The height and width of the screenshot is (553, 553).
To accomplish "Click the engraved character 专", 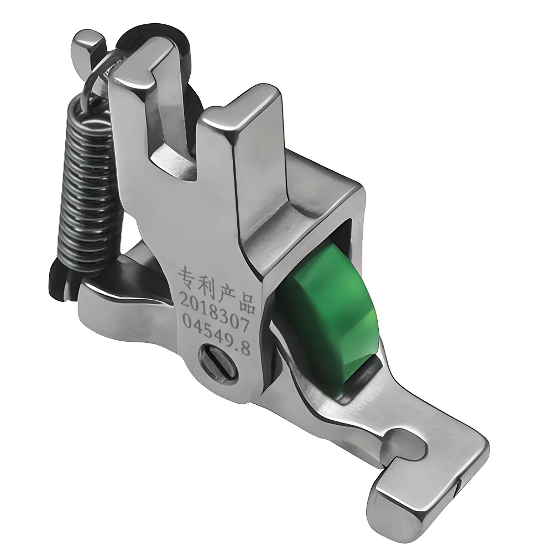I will pos(186,275).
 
